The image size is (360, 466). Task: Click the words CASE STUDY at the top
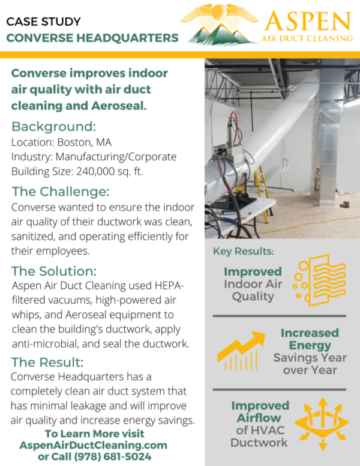click(x=43, y=22)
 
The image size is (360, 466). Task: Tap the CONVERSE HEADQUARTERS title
click(x=92, y=38)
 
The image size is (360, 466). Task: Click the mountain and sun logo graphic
click(x=219, y=25)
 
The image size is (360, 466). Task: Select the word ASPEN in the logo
click(x=308, y=21)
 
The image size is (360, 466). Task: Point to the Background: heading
click(x=54, y=127)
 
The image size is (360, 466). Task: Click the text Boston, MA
click(x=85, y=142)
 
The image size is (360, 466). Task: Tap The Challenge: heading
click(x=61, y=192)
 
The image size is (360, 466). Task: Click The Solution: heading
click(x=54, y=271)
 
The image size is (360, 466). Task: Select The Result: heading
click(x=47, y=362)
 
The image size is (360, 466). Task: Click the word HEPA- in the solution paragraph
click(x=169, y=286)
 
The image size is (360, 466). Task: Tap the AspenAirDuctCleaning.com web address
click(x=93, y=445)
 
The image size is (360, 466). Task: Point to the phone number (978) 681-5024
click(x=112, y=456)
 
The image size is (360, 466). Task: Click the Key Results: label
click(x=243, y=252)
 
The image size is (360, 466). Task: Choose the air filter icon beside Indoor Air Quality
click(x=319, y=280)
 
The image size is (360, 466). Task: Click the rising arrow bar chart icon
click(x=241, y=351)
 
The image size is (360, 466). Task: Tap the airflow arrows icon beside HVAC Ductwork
click(x=322, y=424)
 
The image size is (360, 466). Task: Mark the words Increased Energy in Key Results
click(x=310, y=339)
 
